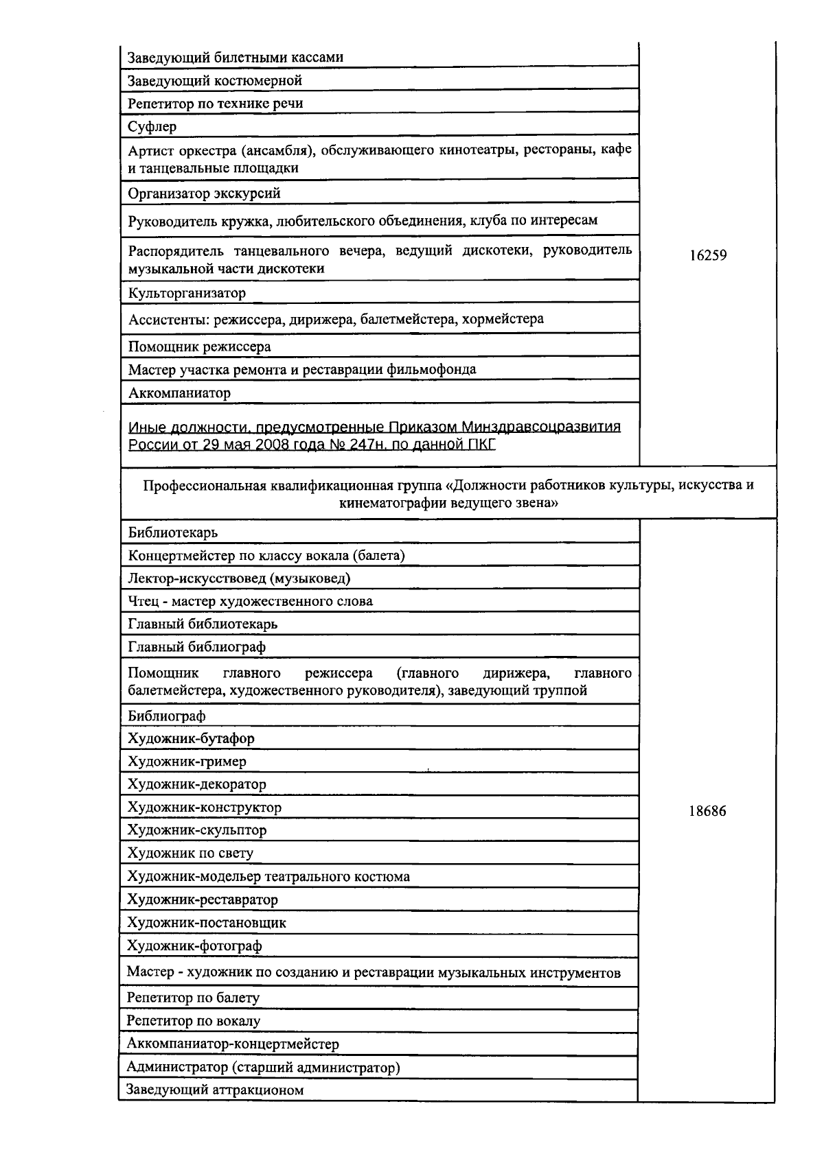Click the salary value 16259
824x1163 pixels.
tap(707, 255)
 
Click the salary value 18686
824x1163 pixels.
tap(707, 811)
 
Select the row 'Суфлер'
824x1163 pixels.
tap(152, 126)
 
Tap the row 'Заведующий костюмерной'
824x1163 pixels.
tap(215, 80)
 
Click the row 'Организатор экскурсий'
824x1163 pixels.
tap(204, 193)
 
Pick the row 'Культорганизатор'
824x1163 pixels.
tap(187, 293)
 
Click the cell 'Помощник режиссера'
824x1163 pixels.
tap(199, 346)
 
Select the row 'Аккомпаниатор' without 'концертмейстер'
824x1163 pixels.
tap(179, 393)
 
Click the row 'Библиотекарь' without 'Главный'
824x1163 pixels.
tap(172, 532)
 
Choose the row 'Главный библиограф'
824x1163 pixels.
tap(196, 647)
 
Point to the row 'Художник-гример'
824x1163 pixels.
tap(187, 762)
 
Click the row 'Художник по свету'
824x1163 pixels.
tap(190, 854)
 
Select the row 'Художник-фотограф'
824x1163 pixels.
tap(194, 946)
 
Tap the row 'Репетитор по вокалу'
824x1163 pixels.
tap(194, 1021)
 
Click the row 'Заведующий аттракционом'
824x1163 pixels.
tap(215, 1090)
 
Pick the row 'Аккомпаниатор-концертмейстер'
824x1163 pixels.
tap(233, 1044)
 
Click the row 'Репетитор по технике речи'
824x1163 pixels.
tap(215, 104)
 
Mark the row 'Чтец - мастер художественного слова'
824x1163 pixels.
tap(250, 601)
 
